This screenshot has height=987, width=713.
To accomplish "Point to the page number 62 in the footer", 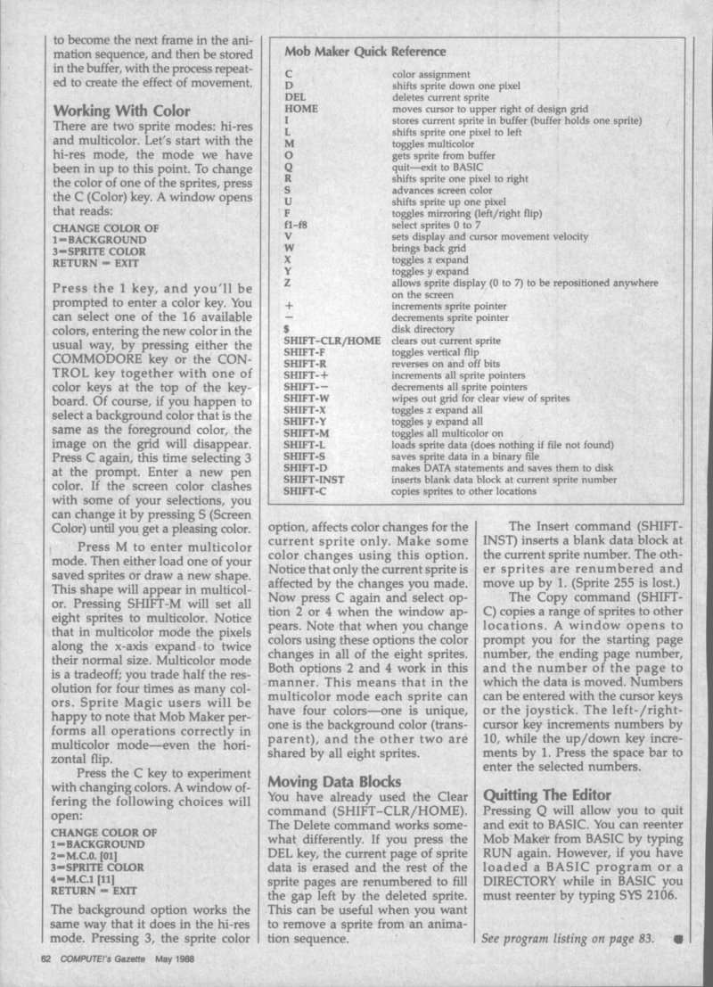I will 47,961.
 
